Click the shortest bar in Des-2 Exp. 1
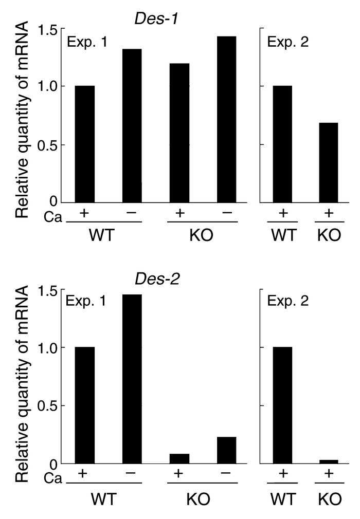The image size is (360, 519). [x=179, y=458]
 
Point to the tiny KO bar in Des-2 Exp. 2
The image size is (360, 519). [x=328, y=461]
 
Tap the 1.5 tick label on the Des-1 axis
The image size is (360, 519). [x=48, y=30]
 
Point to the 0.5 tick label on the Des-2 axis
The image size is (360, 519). [x=48, y=405]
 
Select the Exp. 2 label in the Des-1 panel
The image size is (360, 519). [x=288, y=42]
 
